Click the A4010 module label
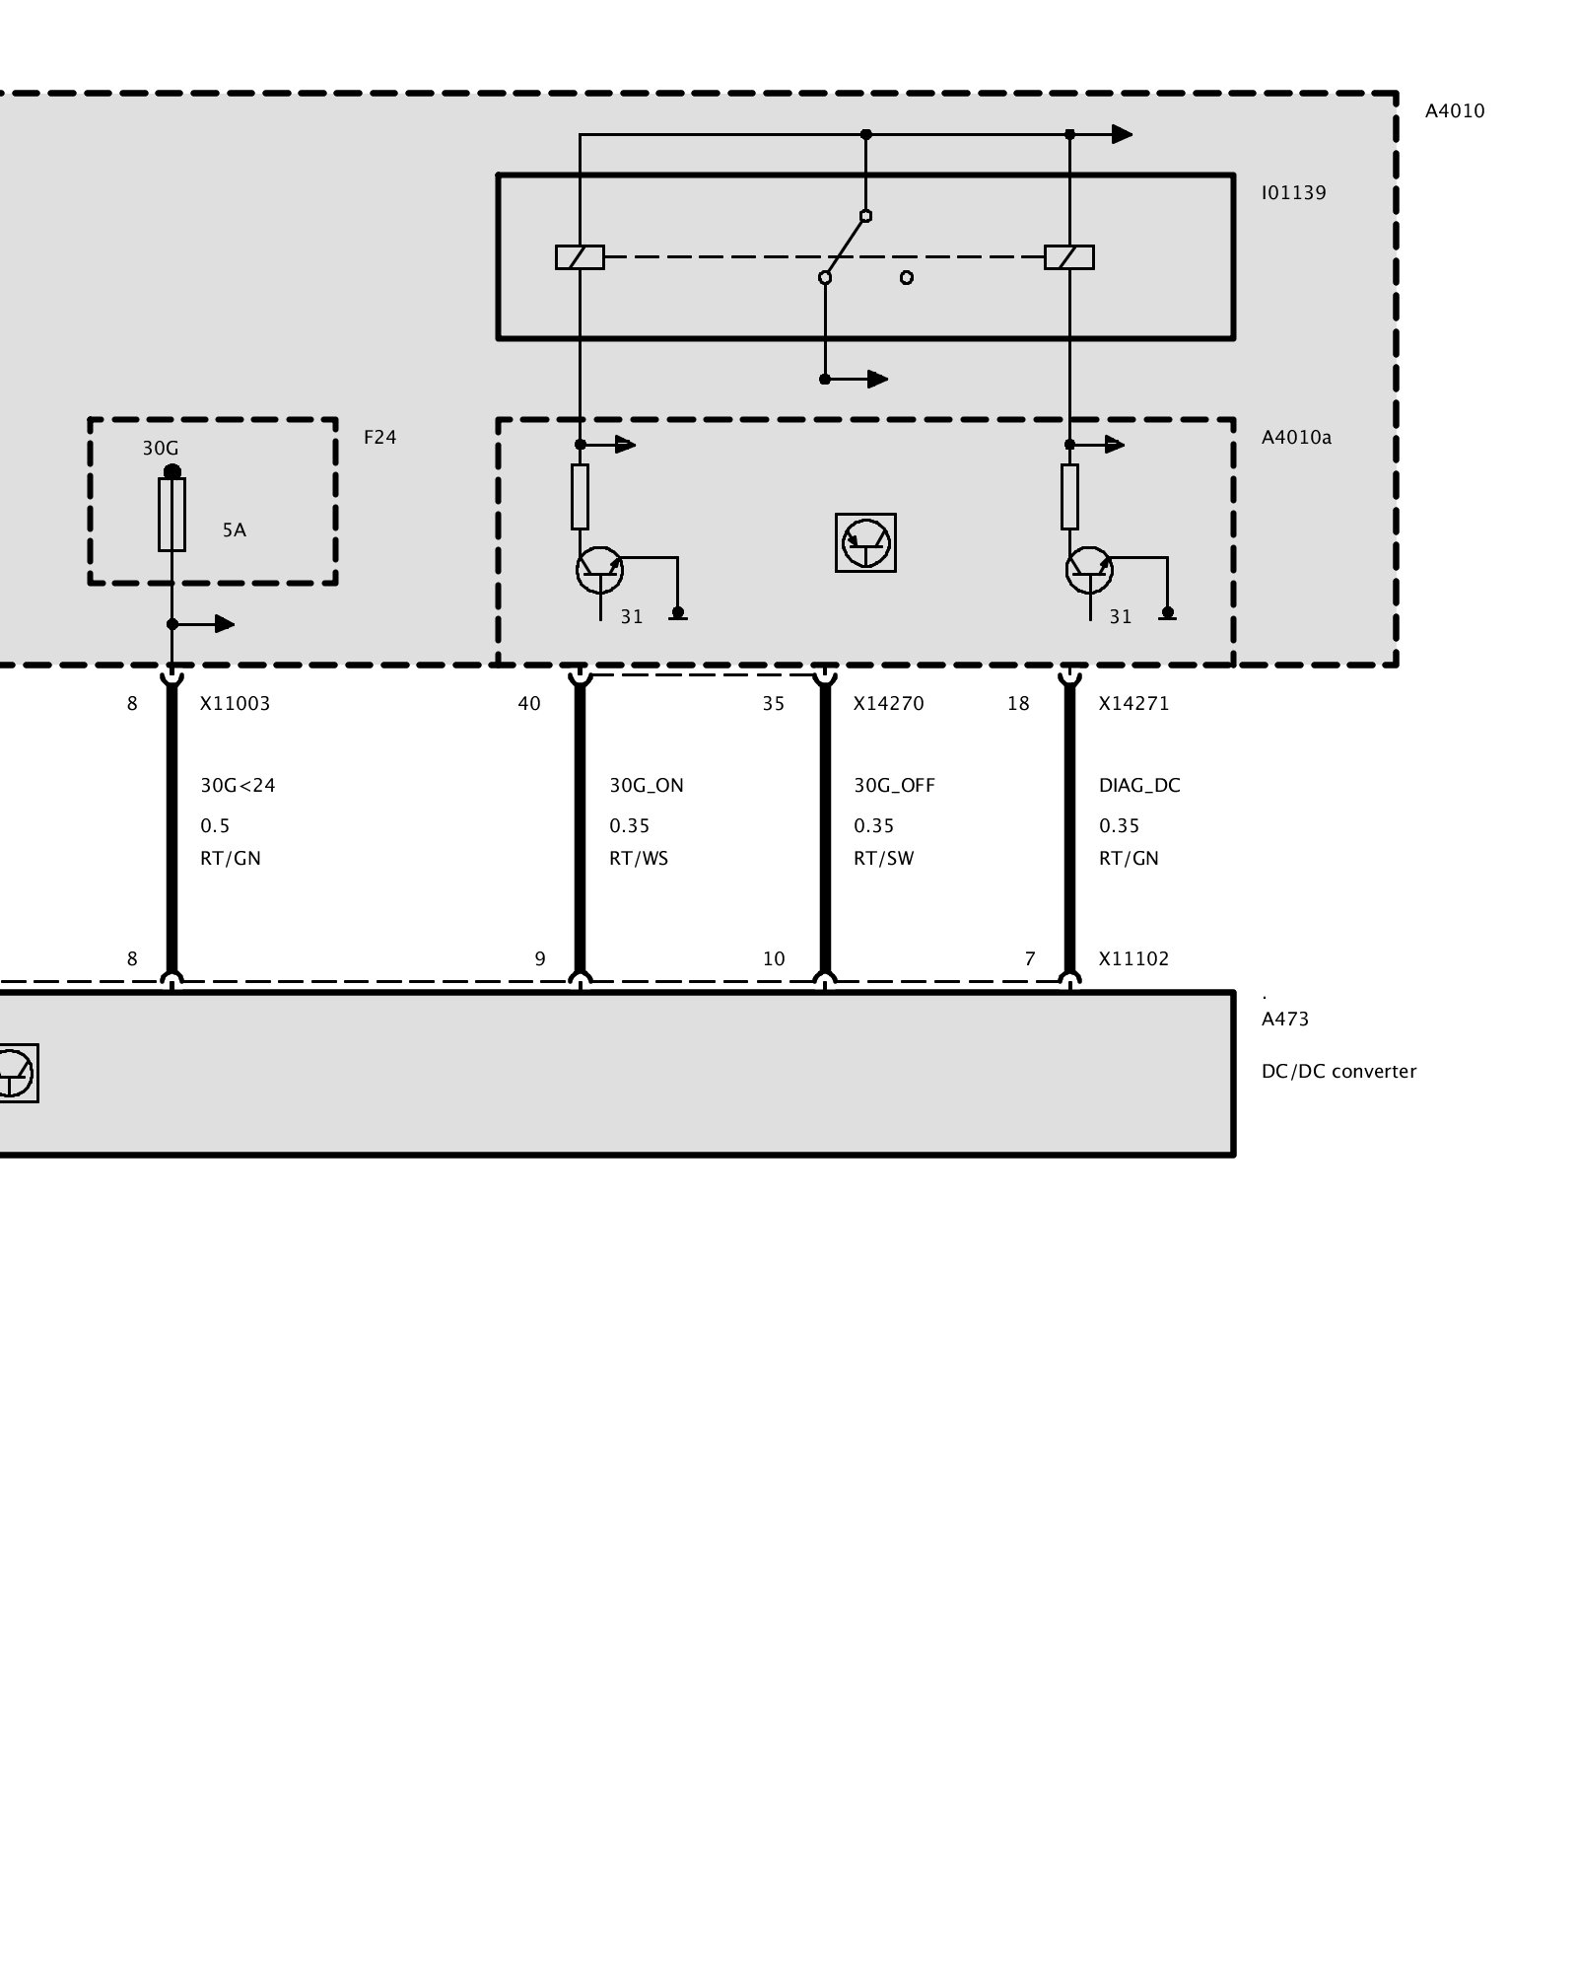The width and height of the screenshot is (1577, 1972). tap(1454, 111)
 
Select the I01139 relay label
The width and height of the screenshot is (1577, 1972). tap(1293, 193)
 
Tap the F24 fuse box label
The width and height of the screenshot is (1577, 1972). tap(379, 437)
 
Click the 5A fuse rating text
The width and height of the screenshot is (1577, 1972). tap(234, 530)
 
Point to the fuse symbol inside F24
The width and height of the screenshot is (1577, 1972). tap(171, 515)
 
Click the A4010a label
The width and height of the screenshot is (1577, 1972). tap(1296, 437)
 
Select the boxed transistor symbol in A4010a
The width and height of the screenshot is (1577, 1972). tap(865, 542)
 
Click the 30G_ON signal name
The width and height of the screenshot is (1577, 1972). tap(646, 786)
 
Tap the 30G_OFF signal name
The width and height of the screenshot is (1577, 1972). tap(894, 786)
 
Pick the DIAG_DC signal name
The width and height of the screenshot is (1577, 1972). tap(1139, 786)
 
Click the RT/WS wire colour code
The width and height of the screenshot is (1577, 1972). tap(639, 859)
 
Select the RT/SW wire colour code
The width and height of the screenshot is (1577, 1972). tap(883, 859)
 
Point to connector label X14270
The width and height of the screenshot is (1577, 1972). tap(887, 704)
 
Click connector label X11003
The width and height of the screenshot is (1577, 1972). tap(235, 704)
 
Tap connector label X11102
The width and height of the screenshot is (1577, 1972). tap(1133, 958)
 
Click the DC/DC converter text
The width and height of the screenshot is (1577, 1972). tap(1338, 1072)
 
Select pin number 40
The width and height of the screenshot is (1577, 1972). tap(529, 704)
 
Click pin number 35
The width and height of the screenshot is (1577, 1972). tap(774, 704)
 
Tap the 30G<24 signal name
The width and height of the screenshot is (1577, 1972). tap(238, 786)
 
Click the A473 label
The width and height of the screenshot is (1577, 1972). tap(1285, 1020)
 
